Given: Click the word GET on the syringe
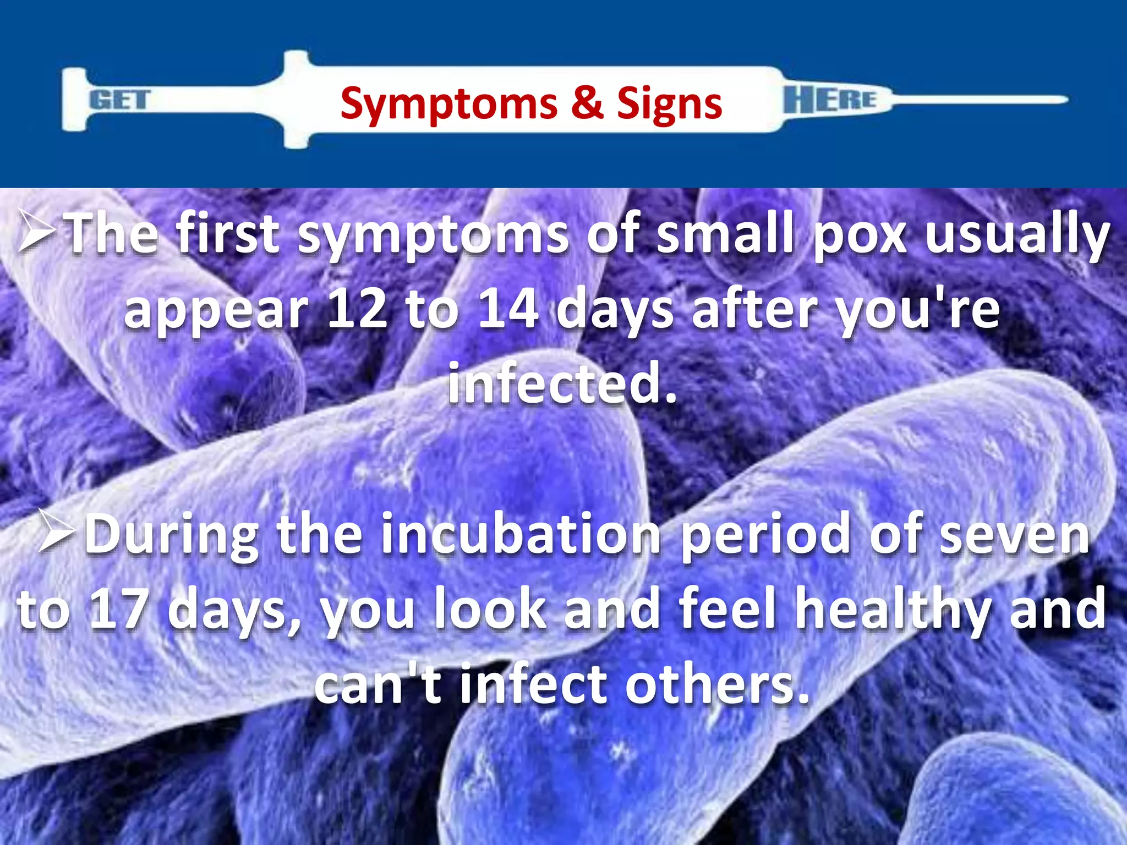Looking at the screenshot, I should pyautogui.click(x=119, y=100).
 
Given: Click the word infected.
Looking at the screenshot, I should pyautogui.click(x=561, y=383).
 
